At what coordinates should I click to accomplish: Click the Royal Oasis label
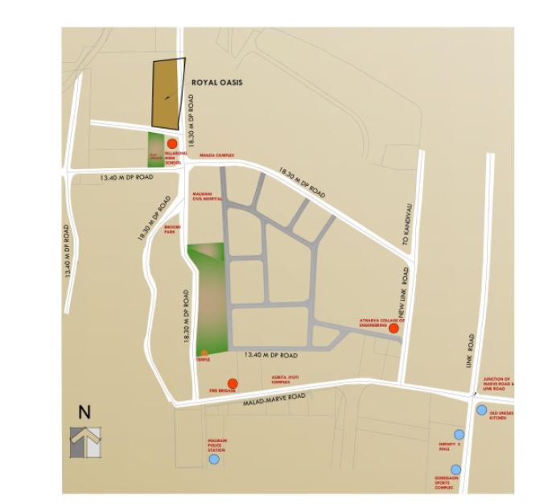point(217,82)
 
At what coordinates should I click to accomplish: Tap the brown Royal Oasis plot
point(168,93)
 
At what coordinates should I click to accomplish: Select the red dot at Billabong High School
point(172,143)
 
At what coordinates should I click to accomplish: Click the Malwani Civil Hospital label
point(207,197)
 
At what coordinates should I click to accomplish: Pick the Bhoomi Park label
point(171,230)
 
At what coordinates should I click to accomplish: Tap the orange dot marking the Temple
point(204,353)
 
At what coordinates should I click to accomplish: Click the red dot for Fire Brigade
point(233,383)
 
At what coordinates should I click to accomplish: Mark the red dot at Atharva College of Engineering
point(393,328)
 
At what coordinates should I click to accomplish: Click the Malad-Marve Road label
point(278,397)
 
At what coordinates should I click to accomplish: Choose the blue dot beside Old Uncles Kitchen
point(481,410)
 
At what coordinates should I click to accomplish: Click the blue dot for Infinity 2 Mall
point(459,434)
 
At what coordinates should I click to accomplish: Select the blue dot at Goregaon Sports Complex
point(456,469)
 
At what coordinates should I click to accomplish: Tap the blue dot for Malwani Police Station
point(214,460)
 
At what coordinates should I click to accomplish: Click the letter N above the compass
point(84,411)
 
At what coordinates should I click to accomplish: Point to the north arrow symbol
point(85,442)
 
